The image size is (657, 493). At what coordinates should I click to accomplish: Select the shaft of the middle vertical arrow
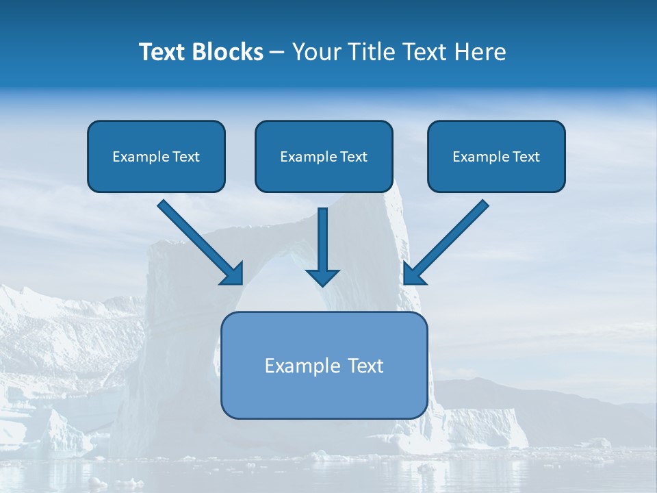tap(322, 236)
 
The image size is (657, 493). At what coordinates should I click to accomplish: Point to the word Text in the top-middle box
tap(353, 157)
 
